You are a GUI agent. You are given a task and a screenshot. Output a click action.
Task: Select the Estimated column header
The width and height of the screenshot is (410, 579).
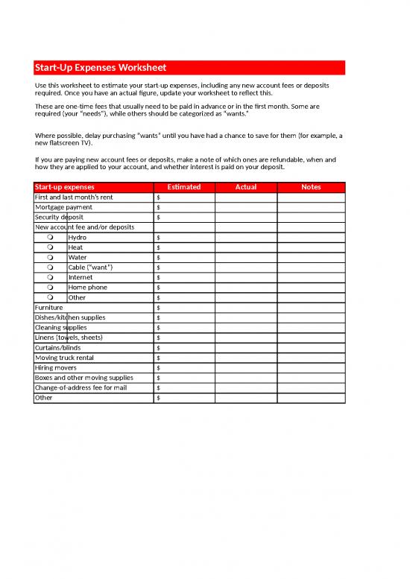(x=184, y=187)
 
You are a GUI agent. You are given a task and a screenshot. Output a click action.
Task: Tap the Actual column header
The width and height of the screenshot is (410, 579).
(x=246, y=187)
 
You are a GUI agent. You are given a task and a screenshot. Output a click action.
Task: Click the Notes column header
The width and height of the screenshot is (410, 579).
(x=311, y=187)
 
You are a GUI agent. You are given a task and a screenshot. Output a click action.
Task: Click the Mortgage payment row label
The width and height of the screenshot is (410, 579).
(x=64, y=207)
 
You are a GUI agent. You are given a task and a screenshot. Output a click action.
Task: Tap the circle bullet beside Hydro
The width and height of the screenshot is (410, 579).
(x=50, y=237)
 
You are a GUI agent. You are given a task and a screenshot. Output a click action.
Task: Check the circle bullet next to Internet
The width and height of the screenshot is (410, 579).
(x=50, y=277)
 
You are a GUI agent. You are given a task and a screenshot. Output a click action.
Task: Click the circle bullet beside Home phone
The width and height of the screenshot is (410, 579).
(x=50, y=288)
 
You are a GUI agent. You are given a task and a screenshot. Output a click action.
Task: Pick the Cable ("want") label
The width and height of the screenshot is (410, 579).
(x=91, y=268)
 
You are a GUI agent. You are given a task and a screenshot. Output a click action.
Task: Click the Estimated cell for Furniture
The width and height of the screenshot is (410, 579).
(x=184, y=308)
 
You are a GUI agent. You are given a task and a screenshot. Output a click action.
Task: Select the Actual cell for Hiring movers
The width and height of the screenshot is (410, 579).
(x=246, y=368)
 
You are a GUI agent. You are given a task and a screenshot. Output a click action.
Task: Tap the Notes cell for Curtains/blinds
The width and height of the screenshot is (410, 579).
(x=311, y=348)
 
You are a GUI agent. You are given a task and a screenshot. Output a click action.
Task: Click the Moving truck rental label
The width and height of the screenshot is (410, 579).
(x=65, y=358)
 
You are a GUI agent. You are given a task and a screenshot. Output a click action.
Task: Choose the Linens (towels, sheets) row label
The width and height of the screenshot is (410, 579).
(x=69, y=338)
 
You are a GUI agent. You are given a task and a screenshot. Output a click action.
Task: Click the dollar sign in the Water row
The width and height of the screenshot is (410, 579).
(x=159, y=258)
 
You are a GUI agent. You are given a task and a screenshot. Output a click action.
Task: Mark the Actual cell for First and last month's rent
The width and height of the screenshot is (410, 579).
(x=246, y=197)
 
